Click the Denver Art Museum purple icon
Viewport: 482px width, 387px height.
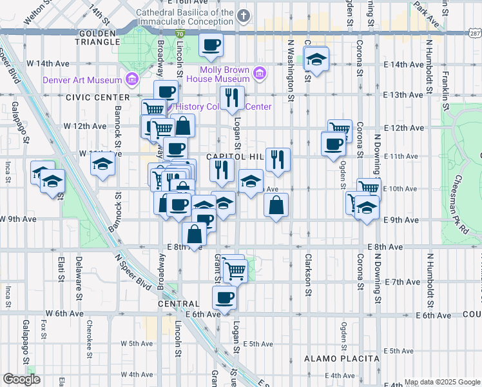pyautogui.click(x=131, y=80)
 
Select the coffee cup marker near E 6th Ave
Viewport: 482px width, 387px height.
pyautogui.click(x=224, y=297)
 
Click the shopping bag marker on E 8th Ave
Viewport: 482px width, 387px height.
pyautogui.click(x=193, y=235)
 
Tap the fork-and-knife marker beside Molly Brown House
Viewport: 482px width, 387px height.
pyautogui.click(x=232, y=98)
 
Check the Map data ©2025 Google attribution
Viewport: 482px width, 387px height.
pyautogui.click(x=442, y=382)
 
